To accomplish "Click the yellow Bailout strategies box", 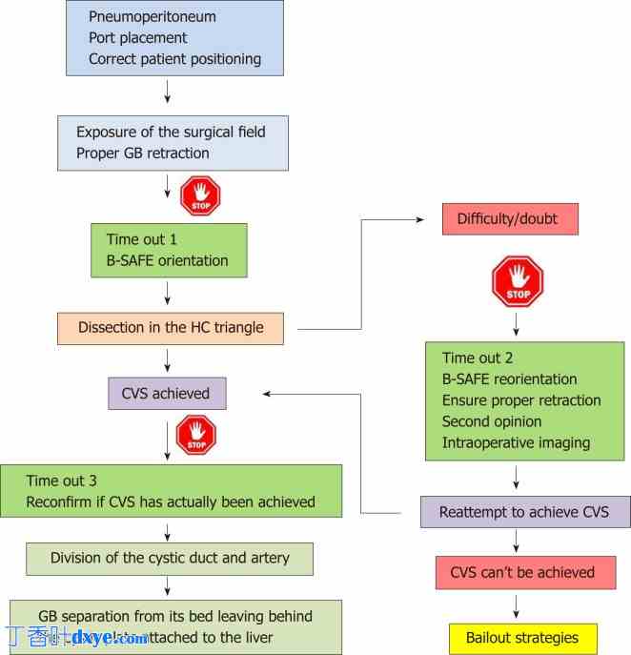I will [x=523, y=638].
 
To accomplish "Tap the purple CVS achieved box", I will [x=167, y=394].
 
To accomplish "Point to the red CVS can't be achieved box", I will [x=522, y=573].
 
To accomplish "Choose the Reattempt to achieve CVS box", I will [x=524, y=512].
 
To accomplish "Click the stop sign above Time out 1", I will [x=200, y=196].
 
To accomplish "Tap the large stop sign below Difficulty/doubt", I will [x=518, y=281].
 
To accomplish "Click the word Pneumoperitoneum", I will [x=153, y=17].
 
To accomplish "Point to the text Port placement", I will [x=138, y=38].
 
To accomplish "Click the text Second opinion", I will [x=492, y=421].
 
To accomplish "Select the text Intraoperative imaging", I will [x=516, y=442].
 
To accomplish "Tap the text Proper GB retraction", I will [x=143, y=154].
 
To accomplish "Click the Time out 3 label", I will [x=62, y=481].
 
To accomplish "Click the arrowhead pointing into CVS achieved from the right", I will [x=269, y=394].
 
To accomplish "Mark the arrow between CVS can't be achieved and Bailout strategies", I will [x=517, y=605].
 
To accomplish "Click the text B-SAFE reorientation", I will [x=510, y=379].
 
